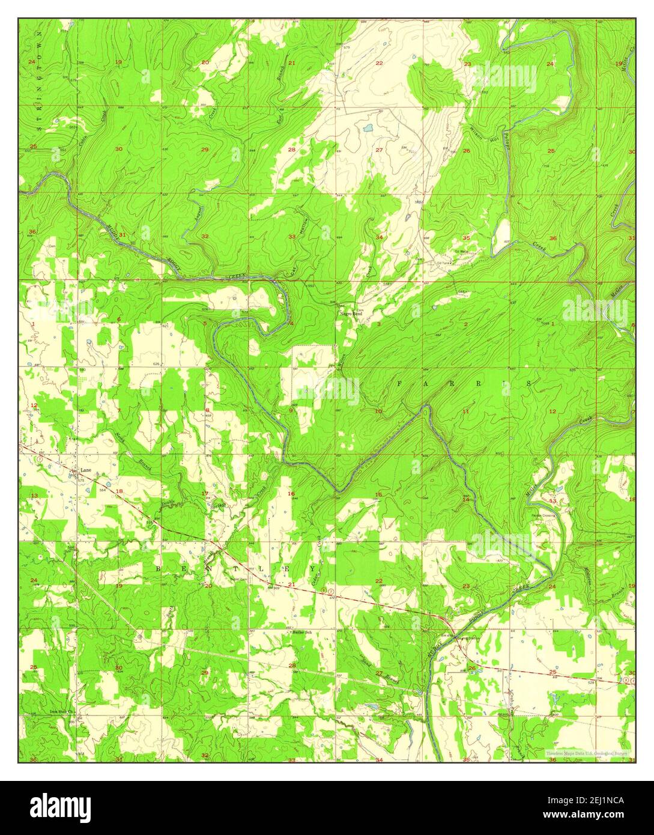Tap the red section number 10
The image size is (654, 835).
pyautogui.click(x=378, y=411)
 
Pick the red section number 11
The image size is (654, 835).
pyautogui.click(x=466, y=411)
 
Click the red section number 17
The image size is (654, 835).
pyautogui.click(x=205, y=494)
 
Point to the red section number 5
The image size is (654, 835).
pyautogui.click(x=205, y=324)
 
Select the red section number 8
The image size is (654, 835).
pyautogui.click(x=207, y=411)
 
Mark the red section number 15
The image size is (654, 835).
pyautogui.click(x=378, y=494)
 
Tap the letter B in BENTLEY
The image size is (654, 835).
pyautogui.click(x=159, y=568)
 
